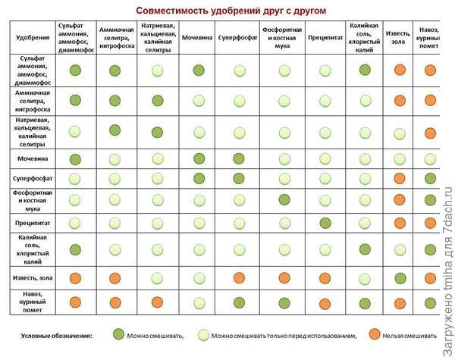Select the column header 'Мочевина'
pyautogui.click(x=198, y=36)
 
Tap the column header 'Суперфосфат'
pyautogui.click(x=239, y=36)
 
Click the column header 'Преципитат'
pyautogui.click(x=325, y=36)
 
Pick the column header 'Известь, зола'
pyautogui.click(x=400, y=36)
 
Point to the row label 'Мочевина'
pyautogui.click(x=33, y=158)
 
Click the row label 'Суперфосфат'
pyautogui.click(x=33, y=179)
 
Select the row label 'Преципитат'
pyautogui.click(x=33, y=223)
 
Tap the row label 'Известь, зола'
pyautogui.click(x=33, y=278)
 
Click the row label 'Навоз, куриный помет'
pyautogui.click(x=33, y=303)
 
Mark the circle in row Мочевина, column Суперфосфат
pyautogui.click(x=239, y=158)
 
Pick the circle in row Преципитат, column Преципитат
pyautogui.click(x=325, y=223)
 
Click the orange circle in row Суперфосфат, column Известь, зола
pyautogui.click(x=400, y=179)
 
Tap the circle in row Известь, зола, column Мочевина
pyautogui.click(x=198, y=278)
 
